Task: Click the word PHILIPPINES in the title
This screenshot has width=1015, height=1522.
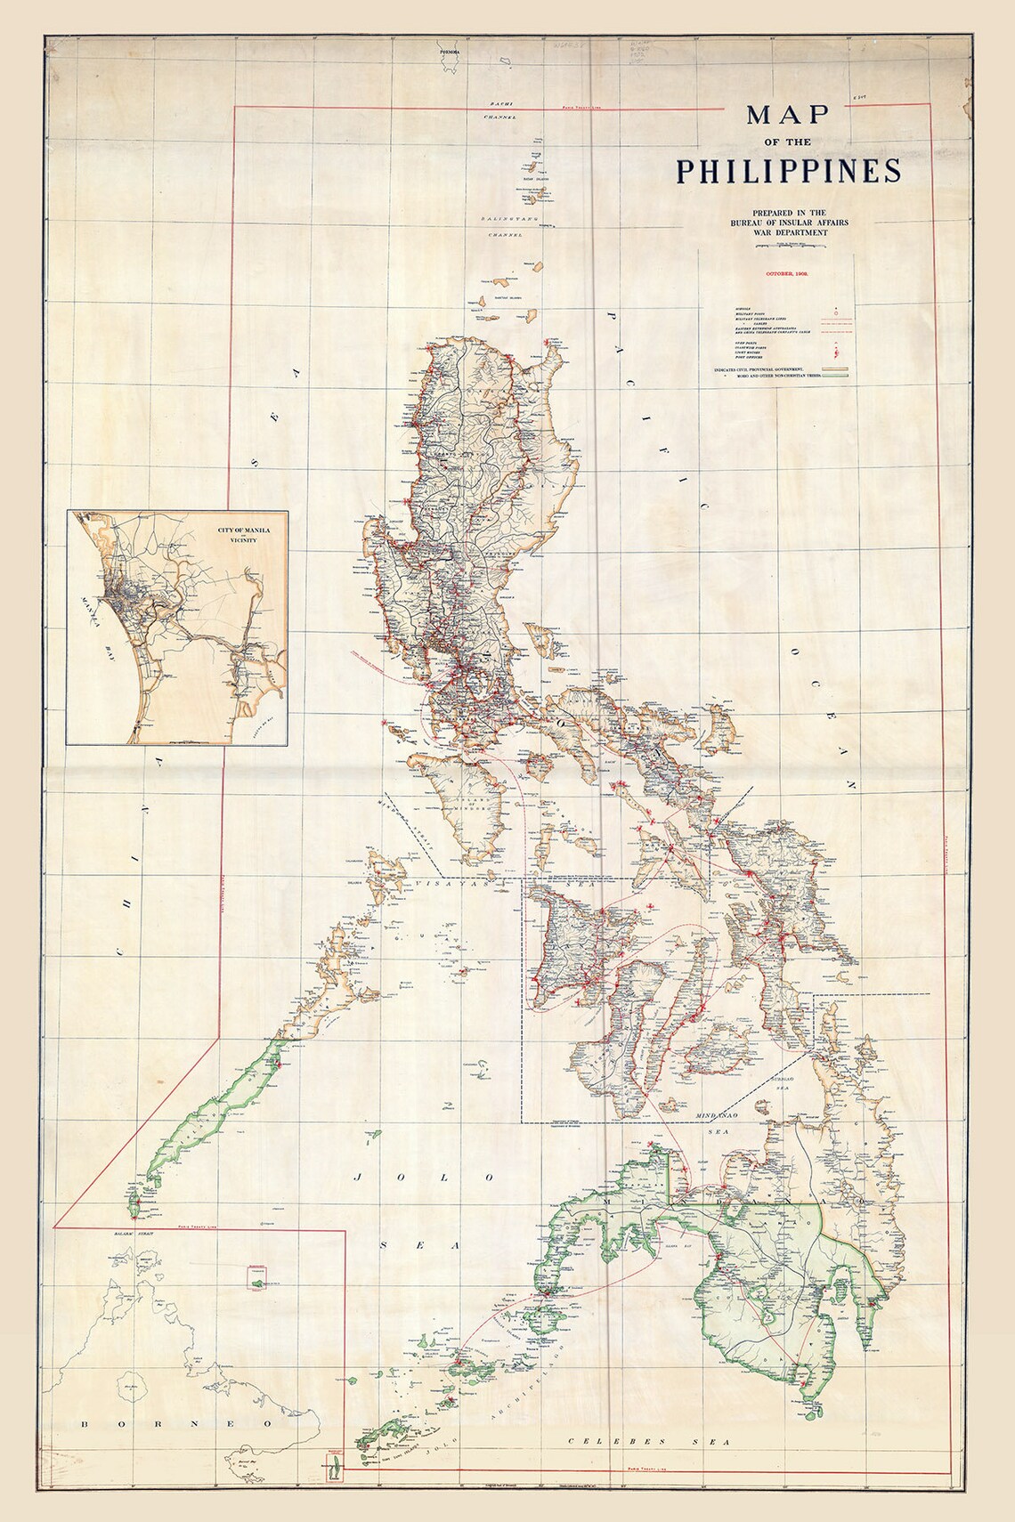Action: pyautogui.click(x=787, y=170)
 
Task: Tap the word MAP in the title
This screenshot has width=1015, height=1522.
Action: pyautogui.click(x=788, y=115)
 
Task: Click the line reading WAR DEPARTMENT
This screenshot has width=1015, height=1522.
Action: pyautogui.click(x=788, y=232)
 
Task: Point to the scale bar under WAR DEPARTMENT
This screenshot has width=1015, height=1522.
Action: pyautogui.click(x=788, y=243)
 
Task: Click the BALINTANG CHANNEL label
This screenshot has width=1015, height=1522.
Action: pyautogui.click(x=502, y=228)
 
